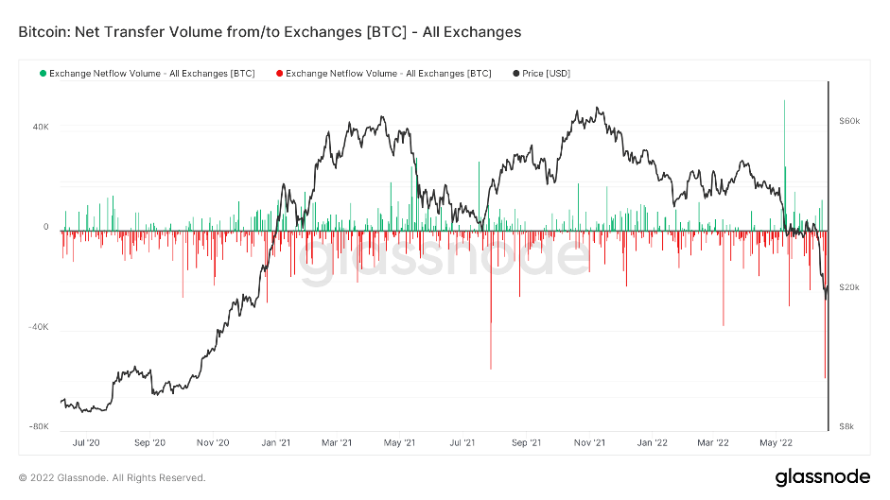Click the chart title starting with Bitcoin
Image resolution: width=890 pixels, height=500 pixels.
[270, 32]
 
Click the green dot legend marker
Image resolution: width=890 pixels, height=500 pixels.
[43, 73]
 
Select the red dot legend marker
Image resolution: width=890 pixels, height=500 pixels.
[279, 73]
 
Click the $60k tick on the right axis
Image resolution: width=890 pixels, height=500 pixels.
[848, 121]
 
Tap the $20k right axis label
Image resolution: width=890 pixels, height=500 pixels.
[848, 286]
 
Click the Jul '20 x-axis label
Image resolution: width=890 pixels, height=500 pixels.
[86, 441]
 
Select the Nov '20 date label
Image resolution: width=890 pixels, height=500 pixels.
[213, 441]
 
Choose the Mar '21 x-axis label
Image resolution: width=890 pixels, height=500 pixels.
[337, 441]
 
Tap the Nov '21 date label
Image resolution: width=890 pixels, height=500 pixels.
[589, 441]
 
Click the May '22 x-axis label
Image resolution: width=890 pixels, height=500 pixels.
[775, 441]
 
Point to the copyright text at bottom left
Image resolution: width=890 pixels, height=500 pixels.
[112, 477]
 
